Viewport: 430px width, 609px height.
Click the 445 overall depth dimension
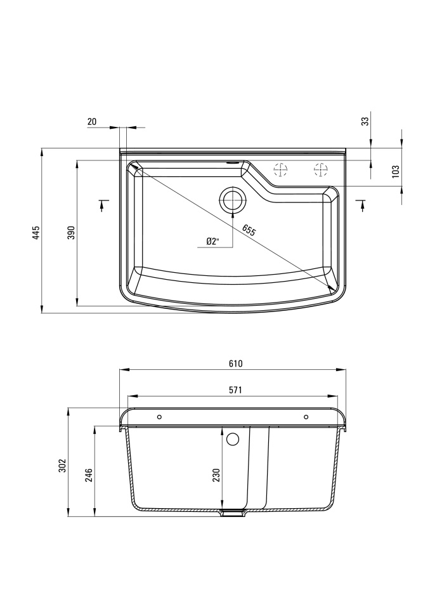point(36,232)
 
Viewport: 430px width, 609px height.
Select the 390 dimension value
point(71,232)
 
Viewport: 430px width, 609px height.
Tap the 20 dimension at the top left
point(92,122)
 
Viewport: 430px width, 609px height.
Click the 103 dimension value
point(396,171)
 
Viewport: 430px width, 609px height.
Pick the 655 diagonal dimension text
point(249,230)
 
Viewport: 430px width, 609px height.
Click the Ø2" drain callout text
point(213,242)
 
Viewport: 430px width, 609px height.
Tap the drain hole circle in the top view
point(232,200)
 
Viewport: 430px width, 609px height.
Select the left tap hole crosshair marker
point(280,170)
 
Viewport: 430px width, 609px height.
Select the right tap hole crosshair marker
point(321,170)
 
